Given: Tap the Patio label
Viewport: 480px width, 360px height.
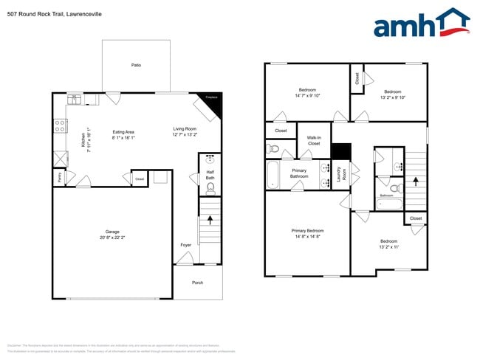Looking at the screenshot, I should [x=136, y=66].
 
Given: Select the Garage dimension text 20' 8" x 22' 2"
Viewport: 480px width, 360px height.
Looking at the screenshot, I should [x=112, y=238].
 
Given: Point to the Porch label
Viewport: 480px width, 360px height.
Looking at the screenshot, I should [x=197, y=282].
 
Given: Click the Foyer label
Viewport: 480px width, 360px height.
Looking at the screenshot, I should [x=185, y=245].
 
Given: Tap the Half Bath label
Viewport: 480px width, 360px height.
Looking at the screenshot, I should [x=210, y=176].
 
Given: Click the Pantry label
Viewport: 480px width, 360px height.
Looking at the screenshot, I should [x=58, y=178].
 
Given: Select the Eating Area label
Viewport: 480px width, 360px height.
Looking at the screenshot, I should [x=123, y=132].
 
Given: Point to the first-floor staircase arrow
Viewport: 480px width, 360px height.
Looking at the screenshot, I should [x=210, y=219].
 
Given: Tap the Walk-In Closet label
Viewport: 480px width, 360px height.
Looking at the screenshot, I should [x=314, y=140].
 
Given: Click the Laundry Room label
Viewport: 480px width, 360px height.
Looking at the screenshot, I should [x=340, y=173].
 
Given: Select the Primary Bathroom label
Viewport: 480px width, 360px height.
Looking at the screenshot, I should [x=299, y=173].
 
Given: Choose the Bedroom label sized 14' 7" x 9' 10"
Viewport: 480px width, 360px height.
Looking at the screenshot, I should [x=307, y=91].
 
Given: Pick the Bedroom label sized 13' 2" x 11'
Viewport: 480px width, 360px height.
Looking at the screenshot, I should [x=388, y=241].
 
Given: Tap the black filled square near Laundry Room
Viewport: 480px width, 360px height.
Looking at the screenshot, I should [x=340, y=150].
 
